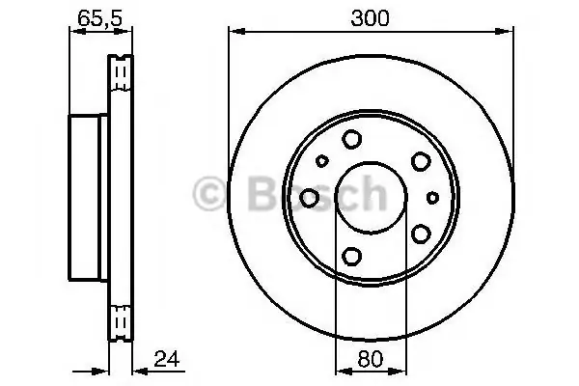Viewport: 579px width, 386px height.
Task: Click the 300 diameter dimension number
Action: pos(370,18)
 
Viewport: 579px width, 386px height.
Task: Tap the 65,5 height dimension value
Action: pos(100,18)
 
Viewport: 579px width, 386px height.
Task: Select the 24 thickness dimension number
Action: pos(167,359)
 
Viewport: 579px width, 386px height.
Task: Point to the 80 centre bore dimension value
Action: pos(371,359)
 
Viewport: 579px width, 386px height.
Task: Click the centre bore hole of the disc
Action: pos(372,198)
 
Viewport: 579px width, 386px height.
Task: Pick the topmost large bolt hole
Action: pos(351,139)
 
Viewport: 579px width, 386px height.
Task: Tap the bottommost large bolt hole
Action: pos(351,257)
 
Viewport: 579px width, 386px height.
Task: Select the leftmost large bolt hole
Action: pos(309,198)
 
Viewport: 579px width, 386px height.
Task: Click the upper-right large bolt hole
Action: pos(421,161)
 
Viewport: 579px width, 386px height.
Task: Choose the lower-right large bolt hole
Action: pos(421,234)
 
